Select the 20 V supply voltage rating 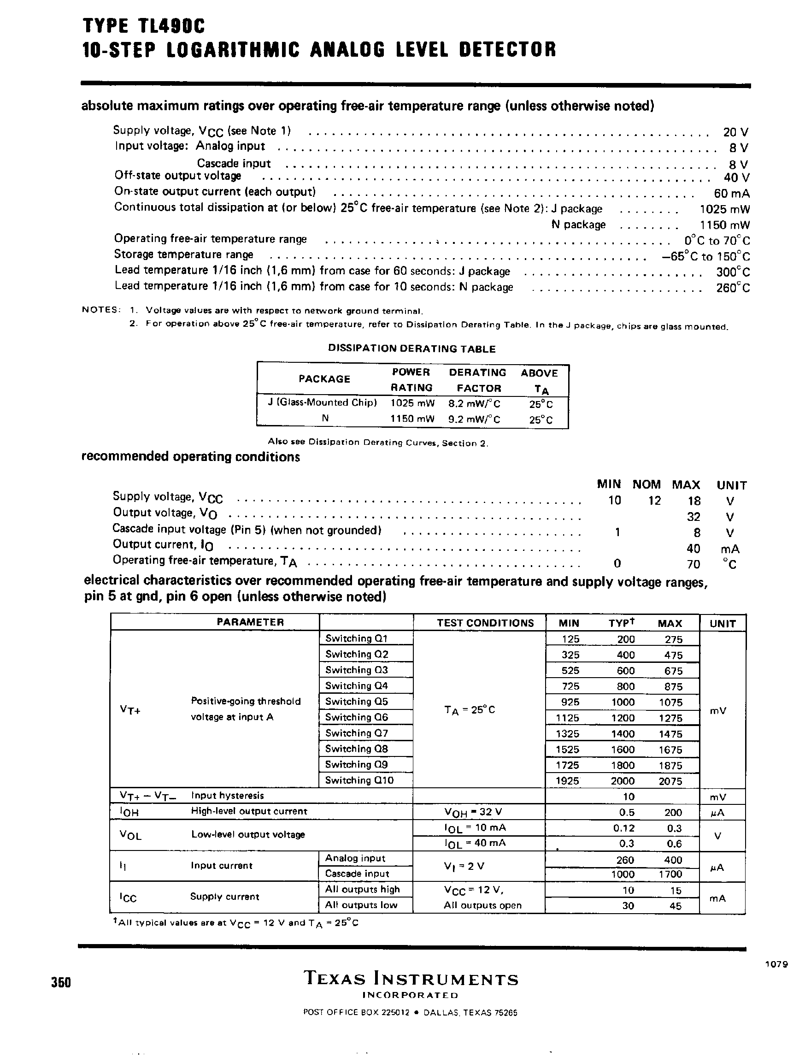736,132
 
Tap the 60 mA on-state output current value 731,194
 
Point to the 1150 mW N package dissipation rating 724,225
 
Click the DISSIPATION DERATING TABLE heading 412,348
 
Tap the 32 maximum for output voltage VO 693,517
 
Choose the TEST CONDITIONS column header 485,623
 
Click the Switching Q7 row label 356,733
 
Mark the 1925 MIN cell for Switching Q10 567,781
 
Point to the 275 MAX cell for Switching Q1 673,639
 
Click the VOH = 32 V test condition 468,813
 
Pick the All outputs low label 361,905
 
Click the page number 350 61,982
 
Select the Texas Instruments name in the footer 411,979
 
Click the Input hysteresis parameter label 227,795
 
